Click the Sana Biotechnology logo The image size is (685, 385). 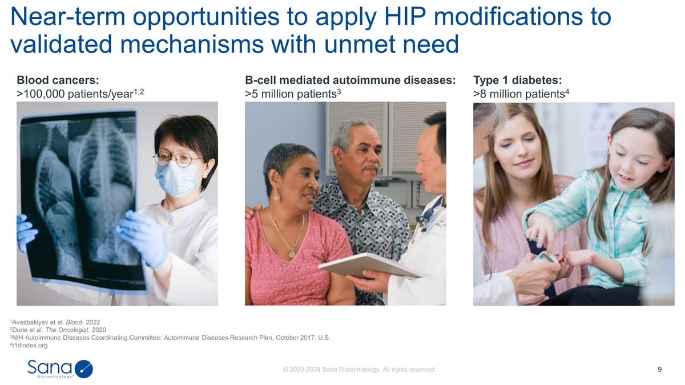point(60,368)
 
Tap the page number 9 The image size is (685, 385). point(660,370)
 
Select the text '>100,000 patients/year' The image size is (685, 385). point(76,94)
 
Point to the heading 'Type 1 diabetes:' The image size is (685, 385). point(518,80)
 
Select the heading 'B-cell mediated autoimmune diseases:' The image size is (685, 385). point(350,80)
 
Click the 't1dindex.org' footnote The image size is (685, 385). point(29,345)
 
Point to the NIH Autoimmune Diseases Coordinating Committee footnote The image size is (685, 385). point(171,338)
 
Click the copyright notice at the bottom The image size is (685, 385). point(359,370)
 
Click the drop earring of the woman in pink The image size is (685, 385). point(277,197)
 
